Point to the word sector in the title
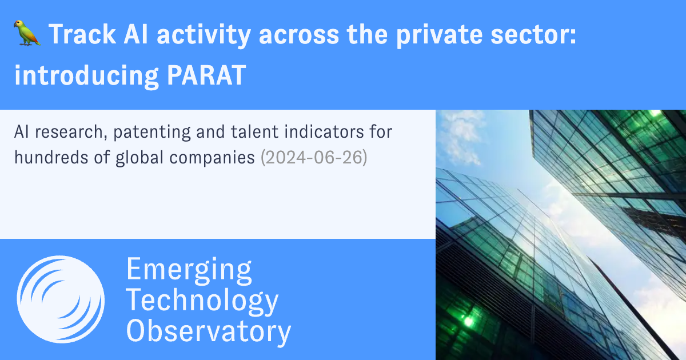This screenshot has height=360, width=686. tap(535, 35)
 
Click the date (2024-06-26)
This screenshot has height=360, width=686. tap(313, 157)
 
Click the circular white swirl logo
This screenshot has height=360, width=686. tap(61, 299)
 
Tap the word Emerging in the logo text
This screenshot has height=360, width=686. tap(189, 269)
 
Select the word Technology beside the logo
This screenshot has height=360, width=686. tap(202, 301)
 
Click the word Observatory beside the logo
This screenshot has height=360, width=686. tap(209, 331)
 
